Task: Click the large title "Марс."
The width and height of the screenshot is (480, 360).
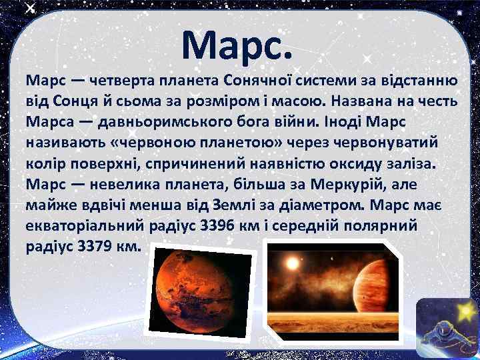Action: pos(237,45)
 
